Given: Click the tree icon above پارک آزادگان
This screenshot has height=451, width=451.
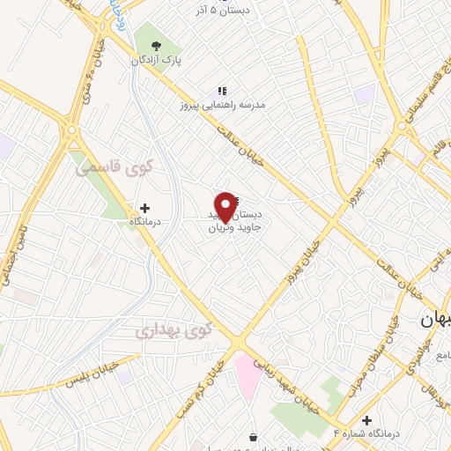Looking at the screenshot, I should click(x=156, y=46).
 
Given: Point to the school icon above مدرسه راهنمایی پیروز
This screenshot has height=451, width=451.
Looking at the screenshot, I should click(x=221, y=90).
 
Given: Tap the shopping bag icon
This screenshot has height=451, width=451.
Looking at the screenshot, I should click(x=254, y=437).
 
